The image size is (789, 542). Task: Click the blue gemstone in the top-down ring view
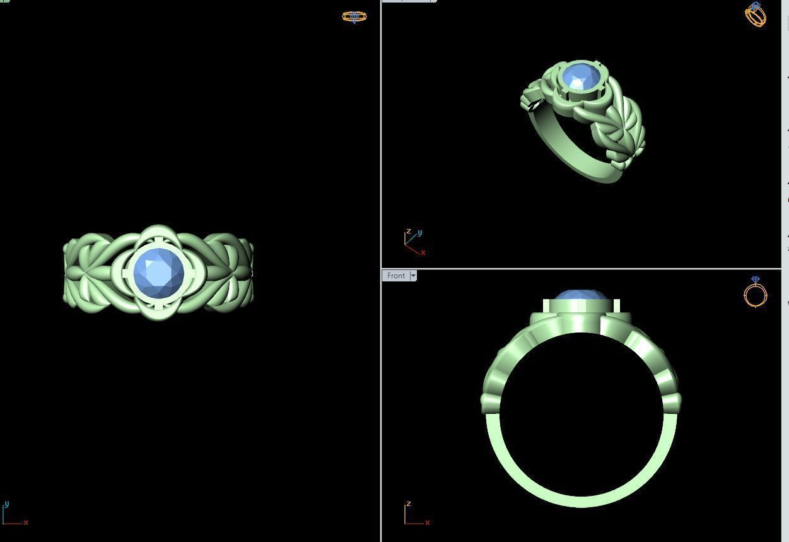pyautogui.click(x=159, y=273)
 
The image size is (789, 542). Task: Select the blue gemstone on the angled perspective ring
pyautogui.click(x=581, y=76)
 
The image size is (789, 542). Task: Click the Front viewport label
pyautogui.click(x=396, y=276)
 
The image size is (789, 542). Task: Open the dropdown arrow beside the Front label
pyautogui.click(x=413, y=276)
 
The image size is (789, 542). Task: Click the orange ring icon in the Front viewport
pyautogui.click(x=755, y=293)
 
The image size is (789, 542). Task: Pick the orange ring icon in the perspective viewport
pyautogui.click(x=756, y=15)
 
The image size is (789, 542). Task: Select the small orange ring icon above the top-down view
pyautogui.click(x=354, y=16)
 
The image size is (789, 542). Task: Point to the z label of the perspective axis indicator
pyautogui.click(x=409, y=232)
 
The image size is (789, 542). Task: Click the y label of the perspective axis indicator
pyautogui.click(x=420, y=233)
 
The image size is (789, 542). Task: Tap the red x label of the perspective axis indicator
pyautogui.click(x=423, y=252)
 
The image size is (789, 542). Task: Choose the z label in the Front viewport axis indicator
pyautogui.click(x=409, y=504)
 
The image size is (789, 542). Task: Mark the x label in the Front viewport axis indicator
pyautogui.click(x=428, y=522)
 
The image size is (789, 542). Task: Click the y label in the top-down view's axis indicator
pyautogui.click(x=6, y=504)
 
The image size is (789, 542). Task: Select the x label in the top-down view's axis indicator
pyautogui.click(x=26, y=522)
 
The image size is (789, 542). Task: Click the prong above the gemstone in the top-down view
pyautogui.click(x=159, y=239)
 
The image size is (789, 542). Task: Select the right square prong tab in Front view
pyautogui.click(x=616, y=306)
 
